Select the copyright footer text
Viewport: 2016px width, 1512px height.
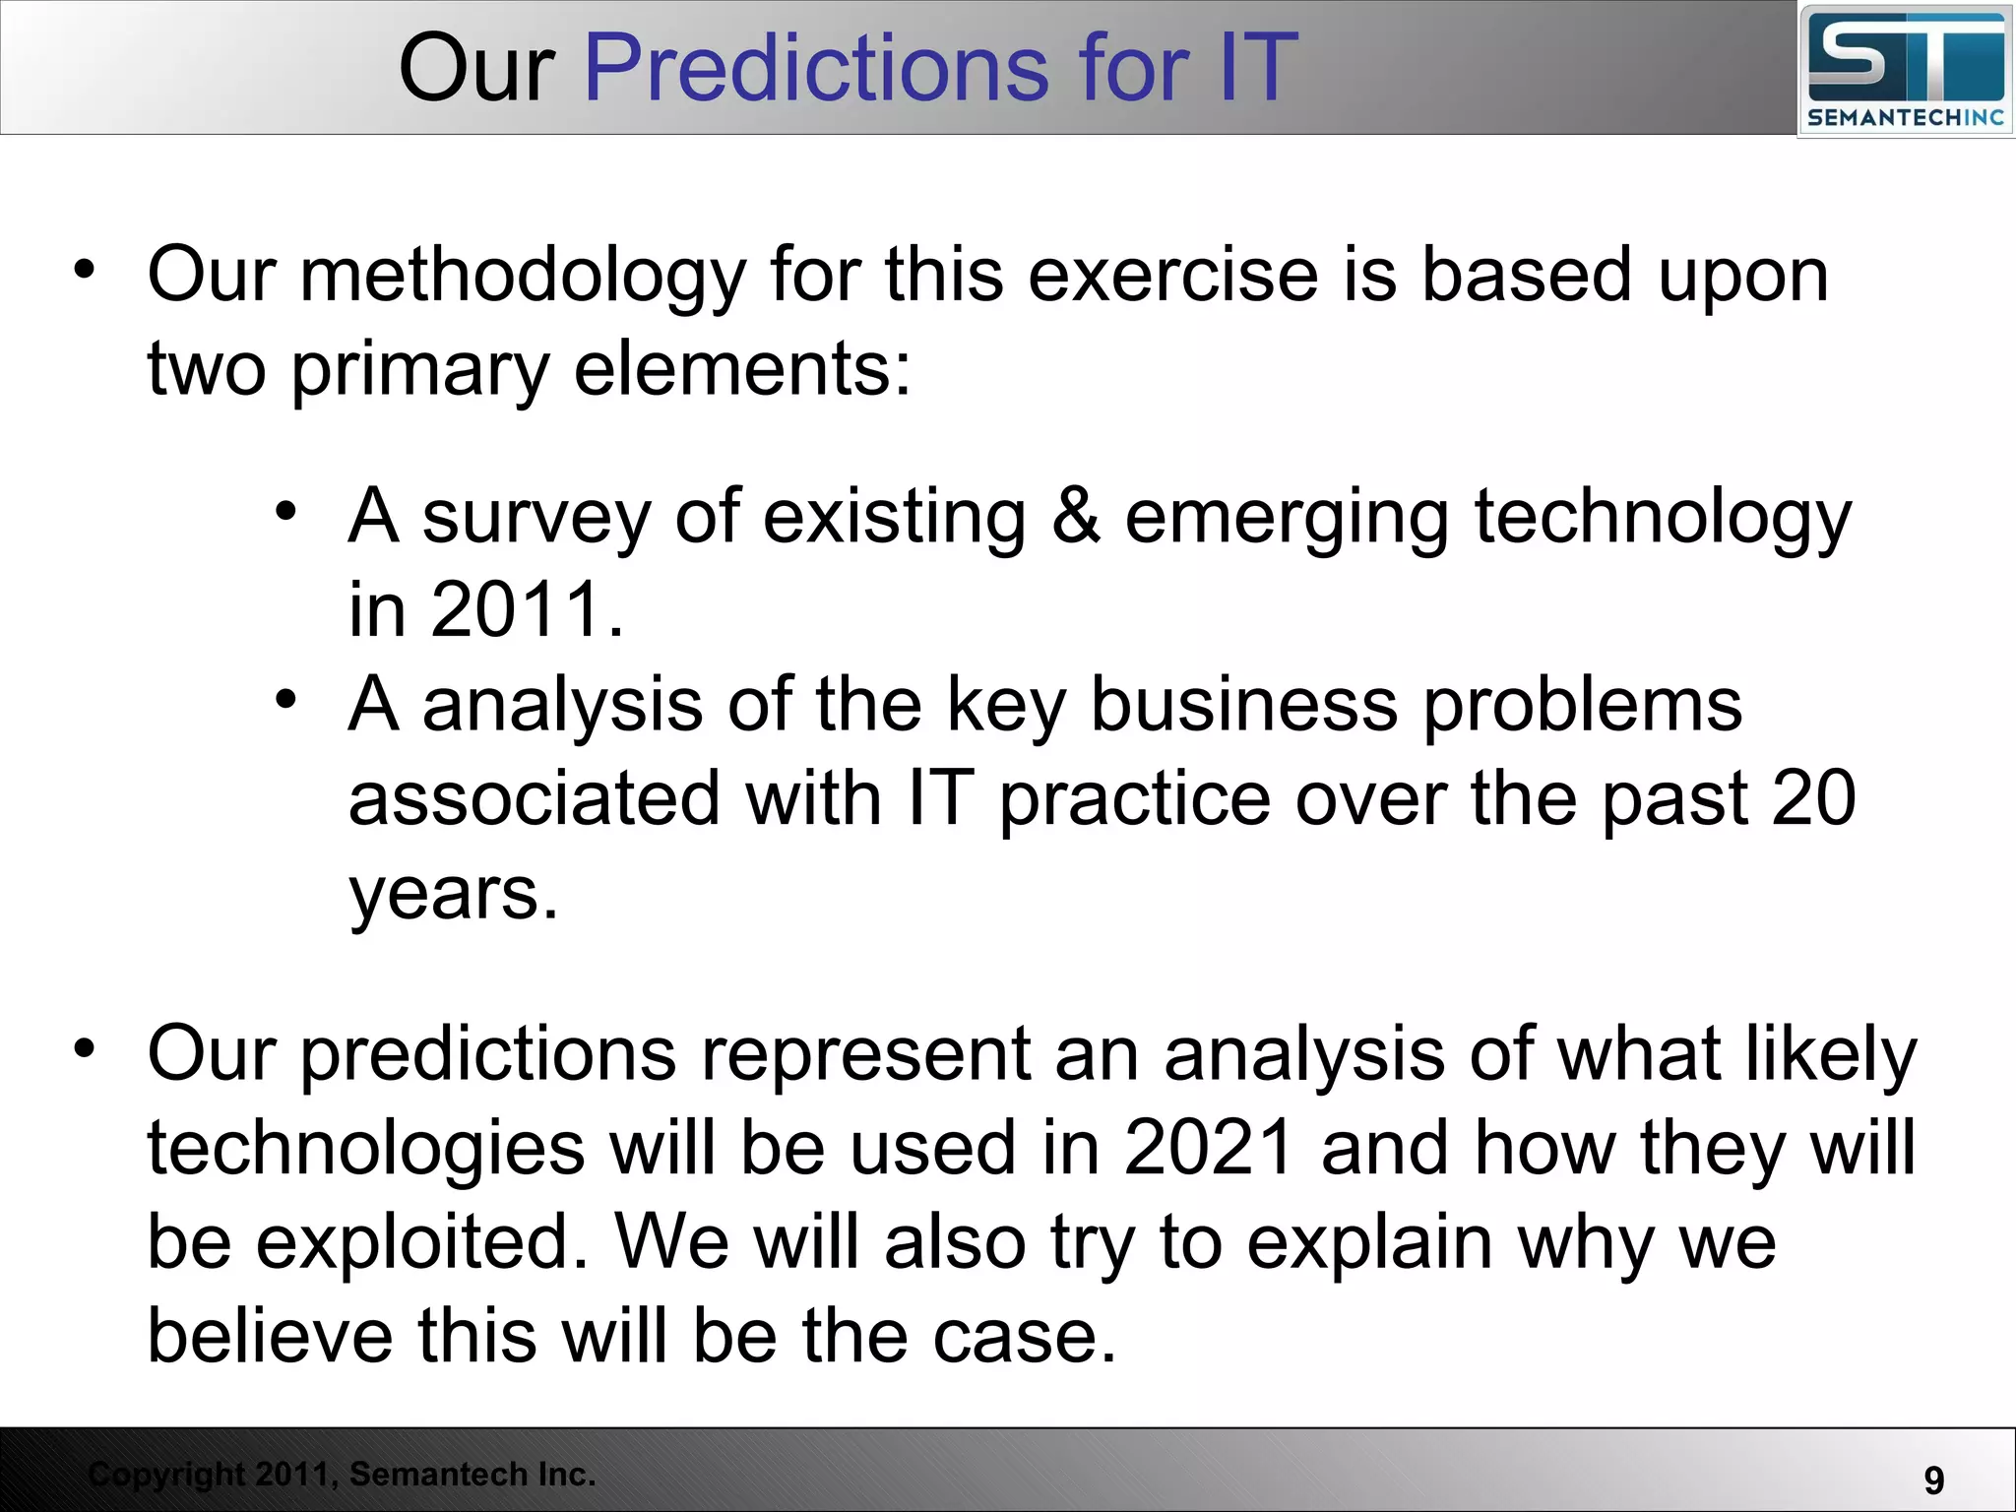(342, 1474)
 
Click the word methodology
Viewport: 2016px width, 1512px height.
(523, 276)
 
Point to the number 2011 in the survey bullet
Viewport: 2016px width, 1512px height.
(517, 610)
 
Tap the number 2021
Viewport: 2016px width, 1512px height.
(1209, 1148)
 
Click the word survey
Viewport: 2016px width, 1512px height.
(536, 518)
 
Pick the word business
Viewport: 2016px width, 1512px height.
(1244, 705)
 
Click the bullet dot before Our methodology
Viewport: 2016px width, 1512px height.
(86, 269)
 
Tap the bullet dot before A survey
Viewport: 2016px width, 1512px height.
(285, 511)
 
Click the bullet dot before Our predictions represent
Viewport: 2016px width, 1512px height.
(86, 1048)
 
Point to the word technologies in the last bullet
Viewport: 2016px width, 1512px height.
(365, 1148)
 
